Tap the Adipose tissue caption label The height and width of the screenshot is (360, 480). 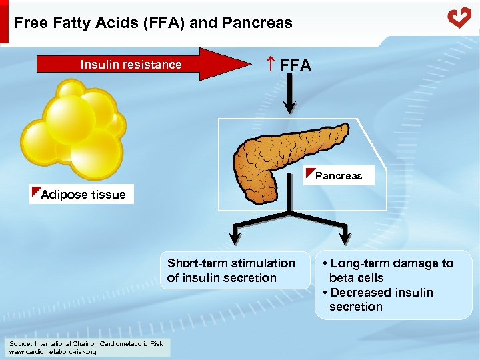click(83, 195)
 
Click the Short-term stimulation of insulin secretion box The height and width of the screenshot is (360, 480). click(231, 271)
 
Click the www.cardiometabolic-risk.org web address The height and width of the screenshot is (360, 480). click(53, 351)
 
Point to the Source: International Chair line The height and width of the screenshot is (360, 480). click(85, 343)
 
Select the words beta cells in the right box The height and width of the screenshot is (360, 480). click(356, 278)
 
